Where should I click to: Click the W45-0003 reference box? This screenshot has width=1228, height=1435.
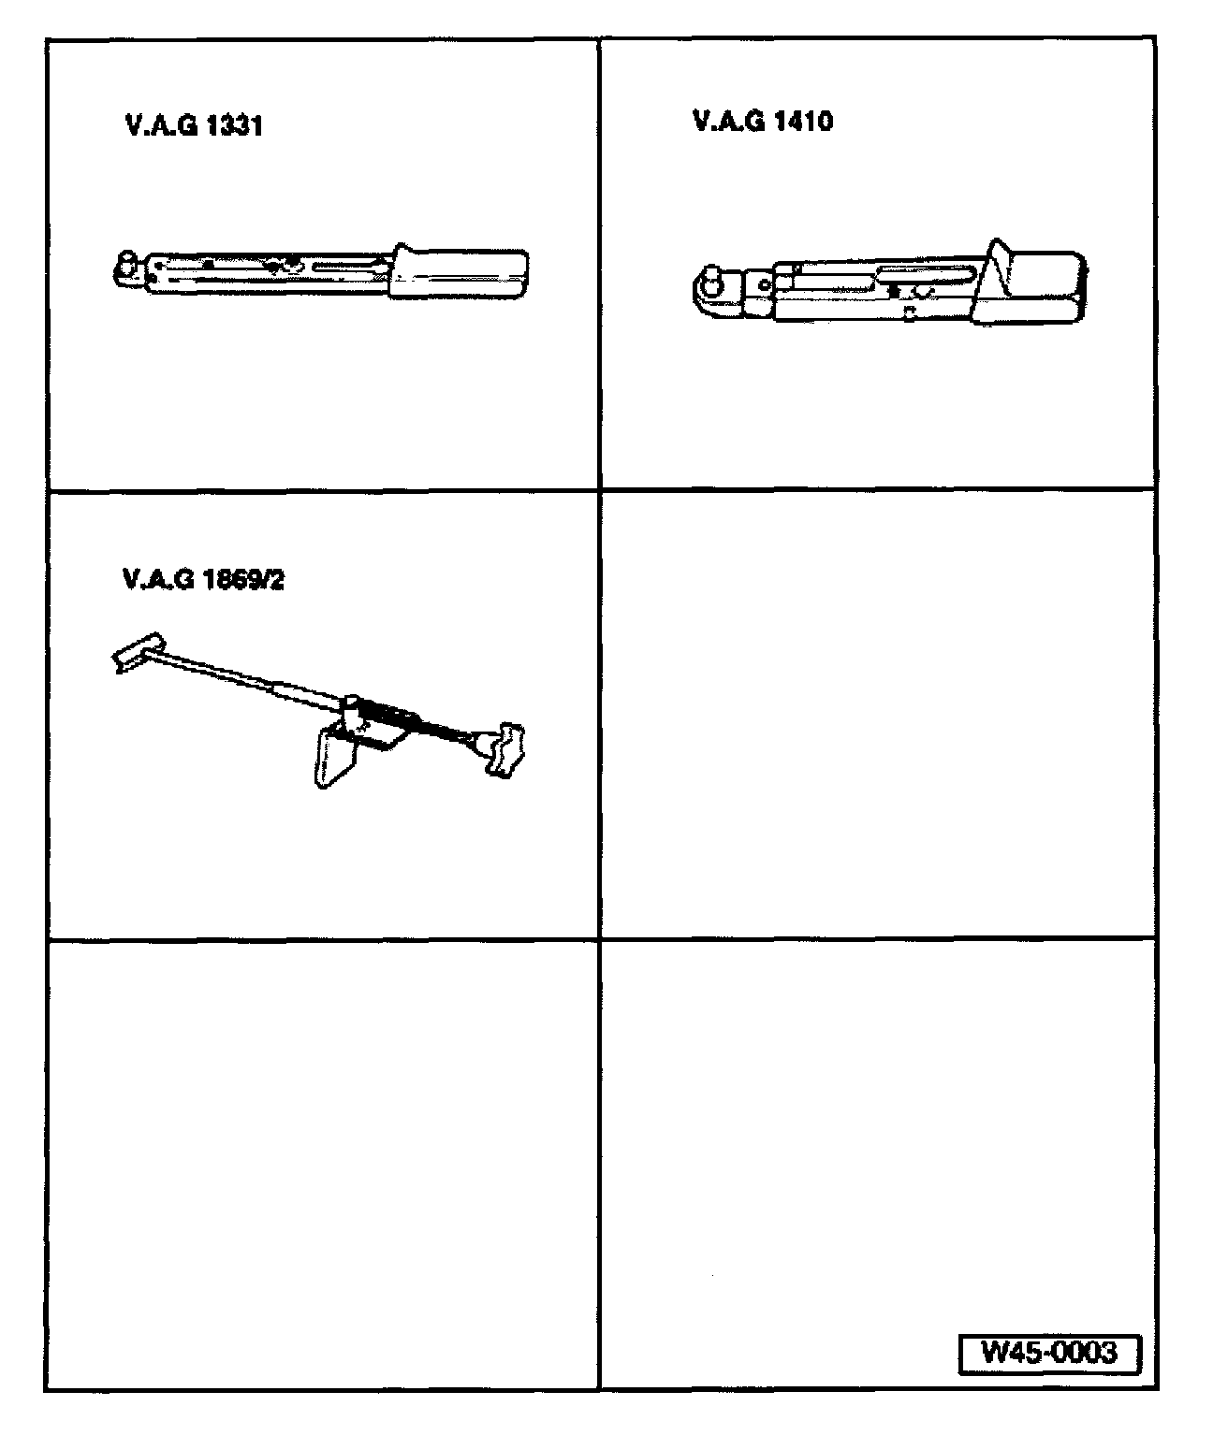pyautogui.click(x=1049, y=1353)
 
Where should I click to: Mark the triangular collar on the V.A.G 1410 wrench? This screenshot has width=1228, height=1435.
pyautogui.click(x=991, y=276)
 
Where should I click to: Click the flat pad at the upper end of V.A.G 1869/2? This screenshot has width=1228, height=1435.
pyautogui.click(x=138, y=652)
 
